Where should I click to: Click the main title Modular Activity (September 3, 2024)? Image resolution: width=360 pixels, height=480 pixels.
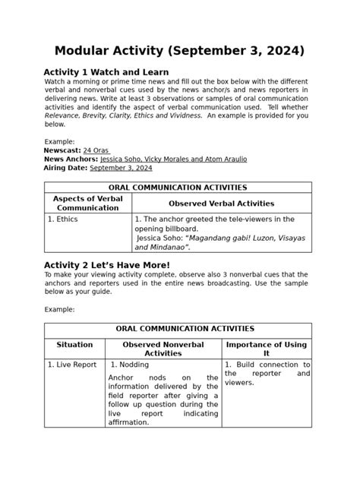pos(179,51)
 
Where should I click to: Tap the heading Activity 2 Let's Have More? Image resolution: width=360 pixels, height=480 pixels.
pos(106,264)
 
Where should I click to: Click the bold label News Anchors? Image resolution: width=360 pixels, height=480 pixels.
pos(71,159)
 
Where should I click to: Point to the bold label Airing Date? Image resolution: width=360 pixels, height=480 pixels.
pos(66,168)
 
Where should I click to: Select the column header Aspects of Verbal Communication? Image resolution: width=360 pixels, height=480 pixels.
pos(88,203)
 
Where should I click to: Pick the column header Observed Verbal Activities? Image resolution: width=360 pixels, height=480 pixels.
pos(221,204)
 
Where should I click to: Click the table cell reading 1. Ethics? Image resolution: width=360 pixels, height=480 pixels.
pos(63,219)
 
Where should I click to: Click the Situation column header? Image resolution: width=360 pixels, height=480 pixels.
pos(74,345)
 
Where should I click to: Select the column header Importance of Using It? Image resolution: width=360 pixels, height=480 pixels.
pos(266,349)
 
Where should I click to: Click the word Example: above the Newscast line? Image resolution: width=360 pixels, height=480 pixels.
pos(59,142)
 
